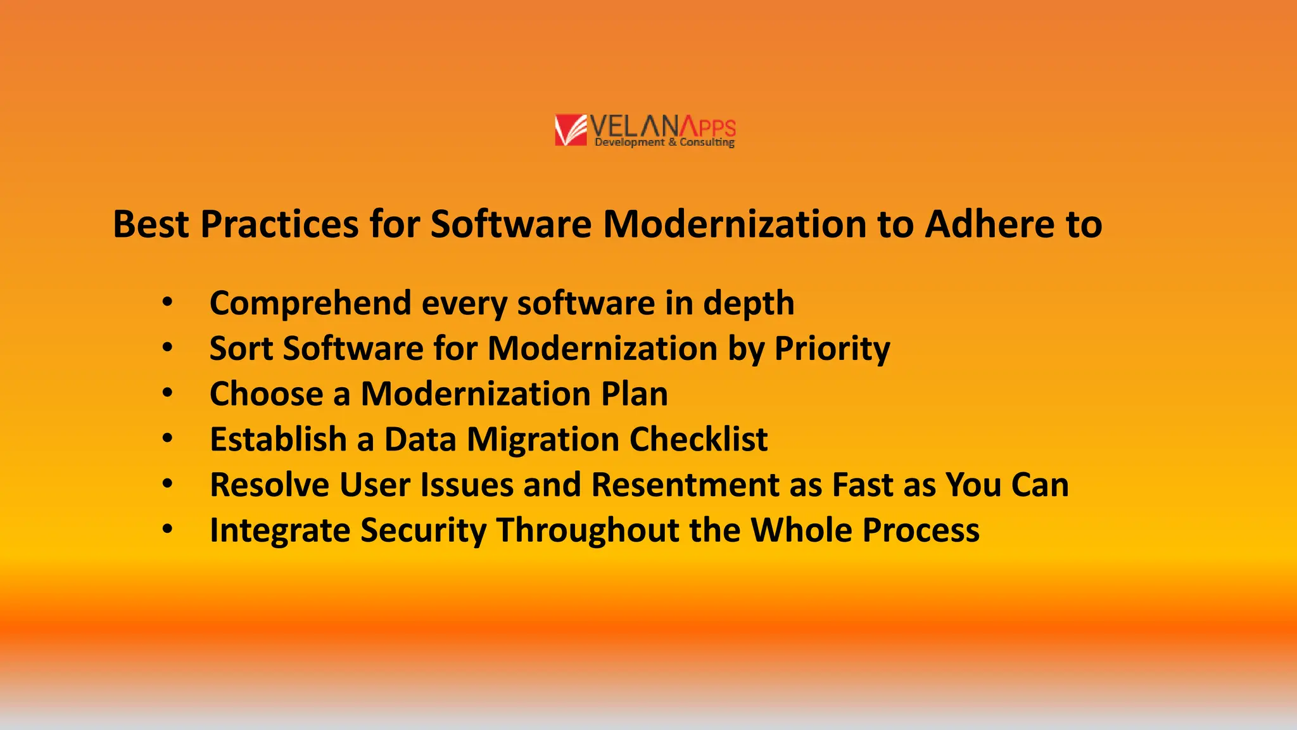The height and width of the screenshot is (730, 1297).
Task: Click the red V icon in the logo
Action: coord(571,130)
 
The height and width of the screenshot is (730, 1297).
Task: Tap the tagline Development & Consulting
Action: coord(664,143)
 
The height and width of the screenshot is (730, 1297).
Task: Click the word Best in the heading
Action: coord(151,224)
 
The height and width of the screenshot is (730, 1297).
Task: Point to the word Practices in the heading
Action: coord(279,224)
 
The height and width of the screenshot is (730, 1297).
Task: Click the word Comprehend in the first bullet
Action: coord(310,304)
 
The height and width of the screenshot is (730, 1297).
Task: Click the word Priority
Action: coord(832,349)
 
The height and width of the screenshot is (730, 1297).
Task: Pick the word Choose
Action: coord(267,394)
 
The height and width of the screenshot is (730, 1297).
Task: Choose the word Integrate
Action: coord(279,530)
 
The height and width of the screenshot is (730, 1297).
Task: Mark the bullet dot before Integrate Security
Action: coord(167,528)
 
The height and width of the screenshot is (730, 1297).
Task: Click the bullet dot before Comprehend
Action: coord(167,302)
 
